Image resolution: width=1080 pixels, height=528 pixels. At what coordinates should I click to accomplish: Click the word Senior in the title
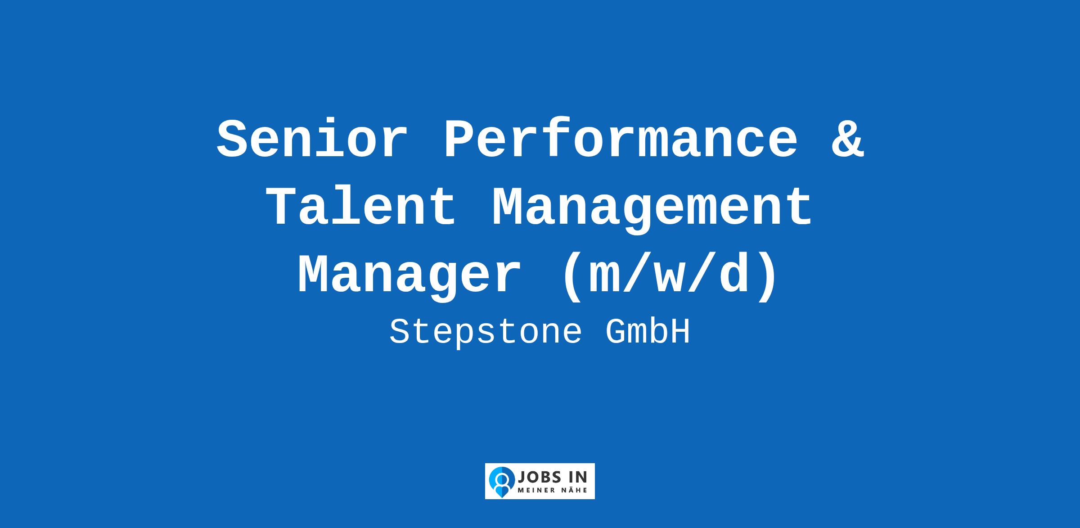pyautogui.click(x=312, y=140)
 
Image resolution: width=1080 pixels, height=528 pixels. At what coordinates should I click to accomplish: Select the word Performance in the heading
pyautogui.click(x=621, y=140)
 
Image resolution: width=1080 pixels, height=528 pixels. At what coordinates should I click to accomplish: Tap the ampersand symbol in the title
pyautogui.click(x=847, y=140)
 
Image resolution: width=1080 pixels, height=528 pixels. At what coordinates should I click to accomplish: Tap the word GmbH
pyautogui.click(x=648, y=332)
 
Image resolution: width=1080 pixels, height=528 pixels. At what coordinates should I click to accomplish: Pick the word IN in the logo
pyautogui.click(x=577, y=477)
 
